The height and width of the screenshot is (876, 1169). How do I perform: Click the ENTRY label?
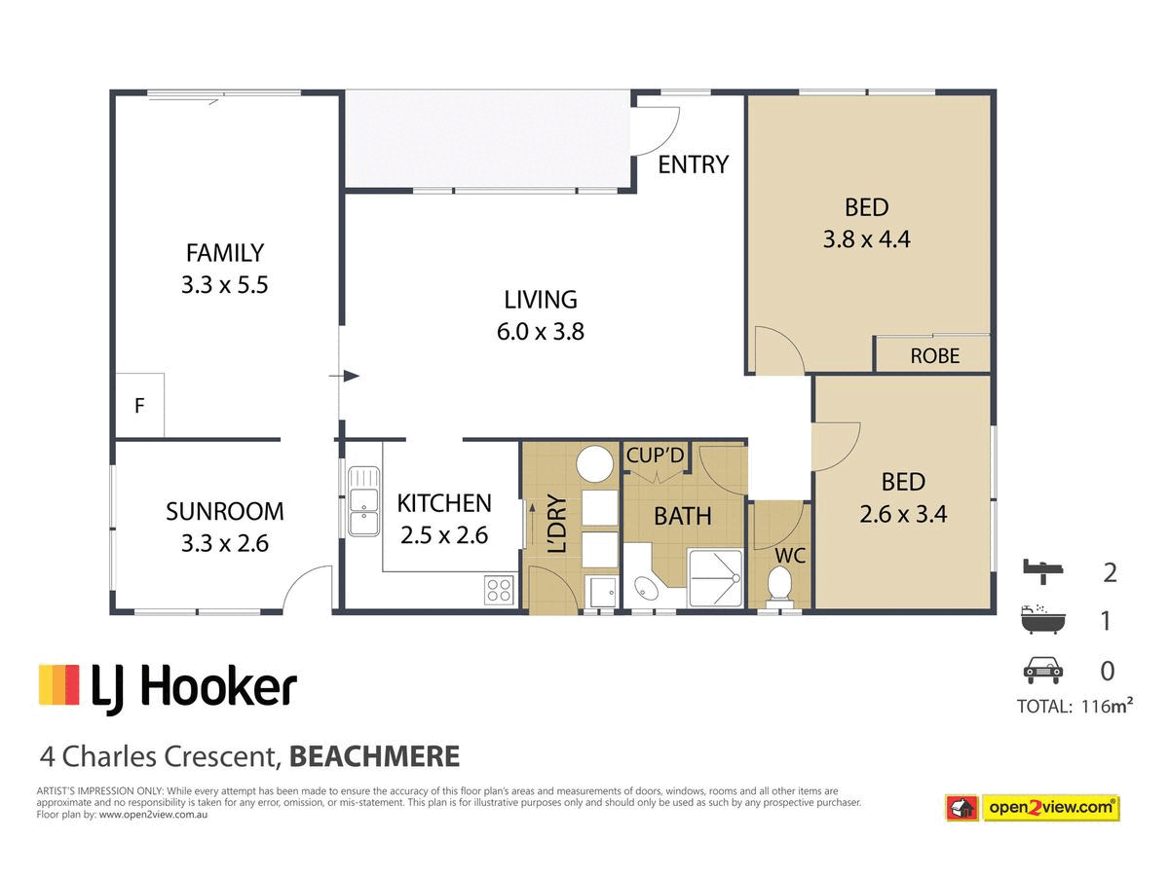[x=693, y=164]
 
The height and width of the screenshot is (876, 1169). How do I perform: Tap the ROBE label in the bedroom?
[x=934, y=356]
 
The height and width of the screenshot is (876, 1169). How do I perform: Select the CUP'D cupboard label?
[x=655, y=456]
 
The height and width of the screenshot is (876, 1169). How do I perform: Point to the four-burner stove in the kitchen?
[x=499, y=590]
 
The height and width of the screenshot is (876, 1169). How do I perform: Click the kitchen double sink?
[x=363, y=501]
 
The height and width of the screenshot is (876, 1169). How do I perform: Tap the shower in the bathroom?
[x=715, y=578]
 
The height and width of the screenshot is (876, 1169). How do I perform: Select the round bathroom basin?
[x=646, y=588]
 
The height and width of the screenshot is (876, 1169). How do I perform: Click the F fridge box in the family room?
[x=139, y=405]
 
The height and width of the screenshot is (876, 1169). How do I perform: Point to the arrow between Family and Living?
[x=344, y=376]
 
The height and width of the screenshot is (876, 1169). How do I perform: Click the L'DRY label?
[x=556, y=524]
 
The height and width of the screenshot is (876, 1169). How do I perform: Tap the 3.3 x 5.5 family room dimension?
[x=224, y=285]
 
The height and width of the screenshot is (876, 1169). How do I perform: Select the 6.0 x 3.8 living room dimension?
[x=540, y=332]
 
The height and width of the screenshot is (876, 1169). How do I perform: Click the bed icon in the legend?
[x=1042, y=571]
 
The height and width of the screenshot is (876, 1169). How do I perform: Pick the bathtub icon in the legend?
[x=1042, y=619]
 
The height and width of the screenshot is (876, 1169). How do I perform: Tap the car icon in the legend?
[x=1042, y=671]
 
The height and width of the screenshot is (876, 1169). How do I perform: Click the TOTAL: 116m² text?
[x=1075, y=707]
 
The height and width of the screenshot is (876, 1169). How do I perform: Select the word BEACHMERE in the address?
[x=374, y=756]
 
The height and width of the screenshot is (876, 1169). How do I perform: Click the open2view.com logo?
[x=1032, y=808]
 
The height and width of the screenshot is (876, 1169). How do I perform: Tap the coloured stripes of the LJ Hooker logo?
[x=59, y=684]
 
